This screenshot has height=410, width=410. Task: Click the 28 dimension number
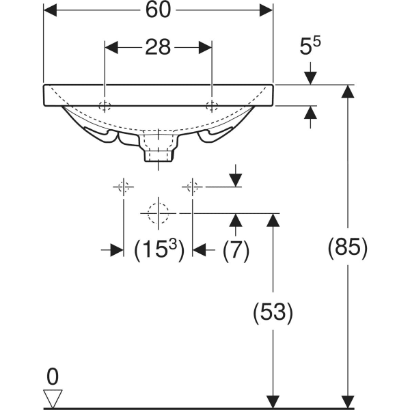[158, 47]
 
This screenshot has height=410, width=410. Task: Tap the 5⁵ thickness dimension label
[310, 49]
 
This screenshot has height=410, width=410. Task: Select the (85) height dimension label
[348, 247]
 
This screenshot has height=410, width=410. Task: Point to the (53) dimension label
[273, 312]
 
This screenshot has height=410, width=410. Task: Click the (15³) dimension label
[158, 250]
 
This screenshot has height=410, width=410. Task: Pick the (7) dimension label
[236, 250]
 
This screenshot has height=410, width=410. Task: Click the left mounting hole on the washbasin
[105, 106]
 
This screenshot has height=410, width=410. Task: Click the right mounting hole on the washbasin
[213, 106]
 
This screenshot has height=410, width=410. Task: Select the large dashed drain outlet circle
[158, 213]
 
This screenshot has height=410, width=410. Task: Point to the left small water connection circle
[124, 186]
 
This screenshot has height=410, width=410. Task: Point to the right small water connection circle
[193, 186]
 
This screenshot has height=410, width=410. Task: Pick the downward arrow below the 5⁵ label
[310, 76]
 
